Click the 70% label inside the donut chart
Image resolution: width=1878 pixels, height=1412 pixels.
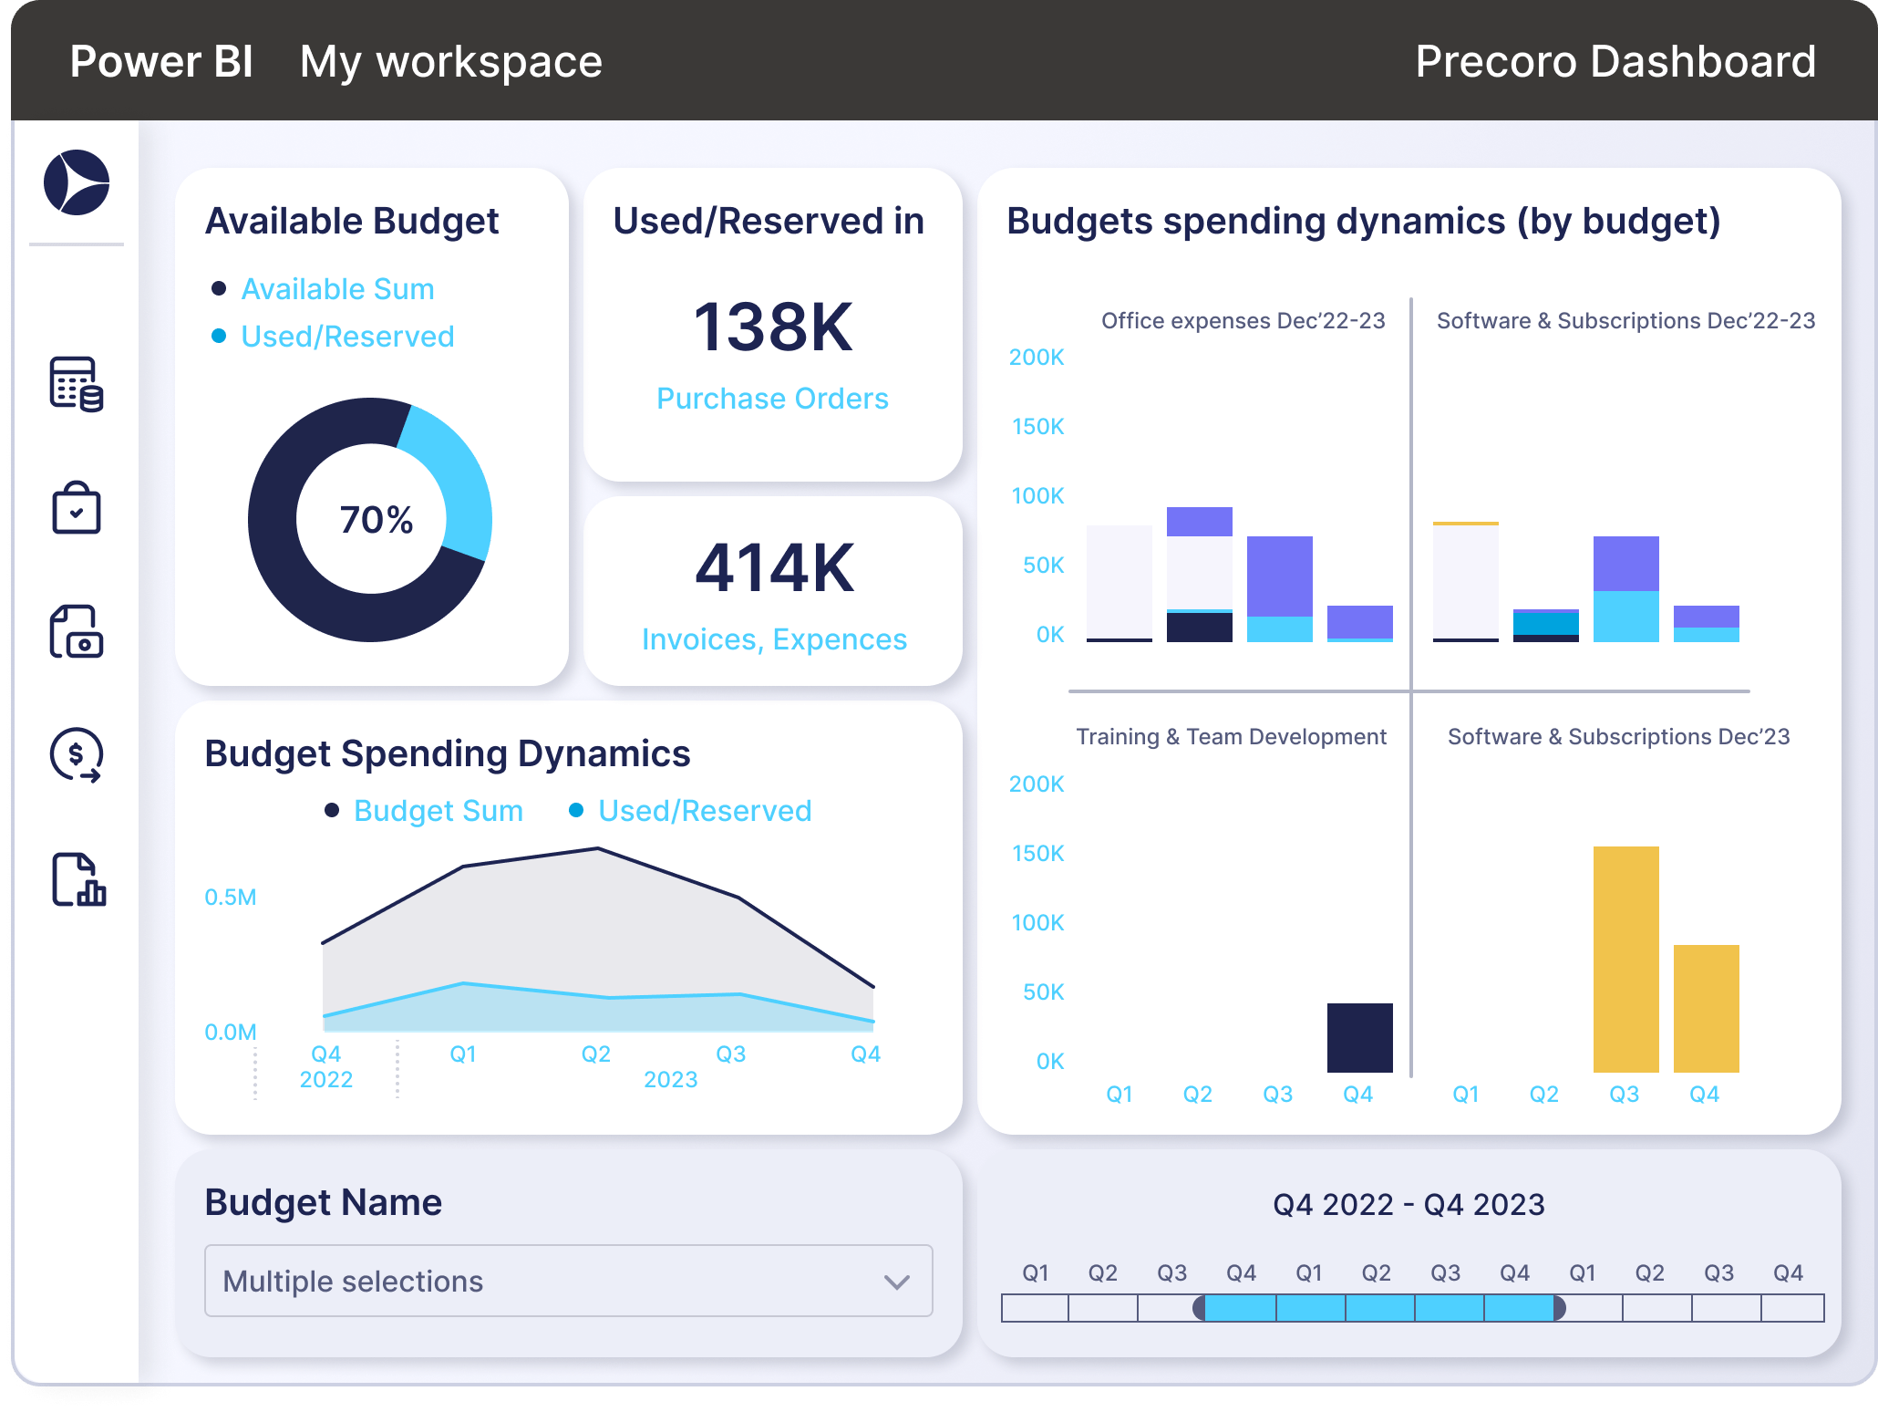click(376, 520)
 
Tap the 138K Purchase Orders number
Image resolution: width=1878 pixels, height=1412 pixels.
click(772, 327)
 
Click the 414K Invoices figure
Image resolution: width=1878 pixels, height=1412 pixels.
click(774, 568)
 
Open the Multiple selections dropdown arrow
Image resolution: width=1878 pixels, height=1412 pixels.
click(896, 1282)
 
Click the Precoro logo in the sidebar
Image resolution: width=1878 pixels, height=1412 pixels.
click(77, 182)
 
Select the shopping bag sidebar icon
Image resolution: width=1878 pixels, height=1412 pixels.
click(77, 508)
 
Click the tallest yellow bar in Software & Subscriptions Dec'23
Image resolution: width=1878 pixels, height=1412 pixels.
click(1625, 958)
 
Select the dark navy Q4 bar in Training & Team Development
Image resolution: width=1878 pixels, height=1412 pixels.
click(1359, 1037)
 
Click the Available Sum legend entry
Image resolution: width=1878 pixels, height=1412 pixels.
click(337, 289)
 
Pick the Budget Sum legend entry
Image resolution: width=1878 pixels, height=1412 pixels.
click(438, 811)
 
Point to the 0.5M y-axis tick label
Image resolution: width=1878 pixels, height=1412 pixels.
click(231, 898)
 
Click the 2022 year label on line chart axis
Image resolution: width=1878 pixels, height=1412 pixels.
click(326, 1080)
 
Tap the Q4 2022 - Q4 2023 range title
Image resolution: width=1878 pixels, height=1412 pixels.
click(1408, 1205)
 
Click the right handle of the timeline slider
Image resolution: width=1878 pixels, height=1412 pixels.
click(1559, 1308)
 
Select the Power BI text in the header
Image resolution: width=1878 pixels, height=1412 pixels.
click(161, 62)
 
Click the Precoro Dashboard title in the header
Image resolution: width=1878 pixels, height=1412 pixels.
click(1615, 62)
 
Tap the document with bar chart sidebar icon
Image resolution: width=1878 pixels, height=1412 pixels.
click(78, 880)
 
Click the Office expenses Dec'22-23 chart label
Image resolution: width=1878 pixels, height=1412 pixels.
click(1243, 321)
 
